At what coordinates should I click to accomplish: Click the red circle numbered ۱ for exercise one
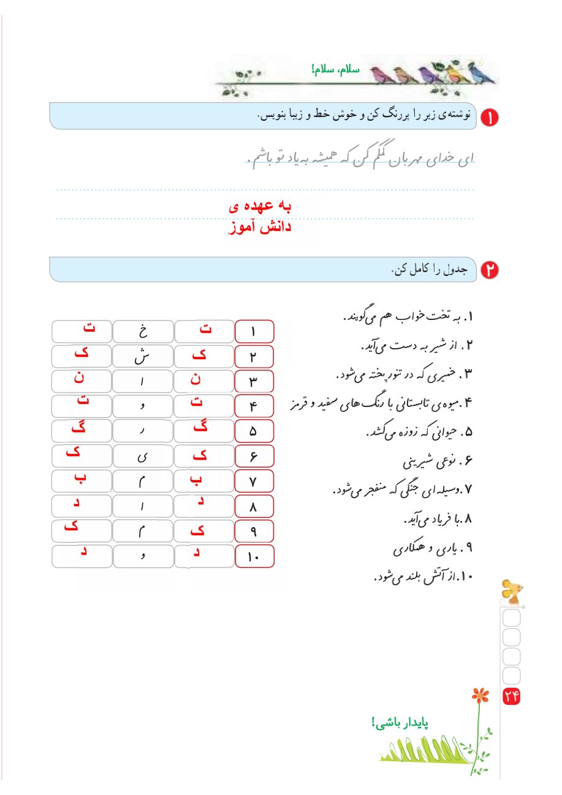click(x=490, y=116)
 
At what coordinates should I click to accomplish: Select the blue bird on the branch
click(x=482, y=74)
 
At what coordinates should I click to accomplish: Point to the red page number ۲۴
click(x=511, y=696)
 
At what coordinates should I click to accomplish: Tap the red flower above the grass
click(x=481, y=695)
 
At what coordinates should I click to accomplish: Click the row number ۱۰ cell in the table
click(x=254, y=557)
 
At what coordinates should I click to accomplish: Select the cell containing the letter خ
click(x=143, y=332)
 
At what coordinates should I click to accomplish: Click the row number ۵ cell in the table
click(x=254, y=431)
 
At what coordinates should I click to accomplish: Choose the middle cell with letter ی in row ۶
click(x=143, y=457)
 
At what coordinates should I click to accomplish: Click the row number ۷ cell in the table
click(x=254, y=482)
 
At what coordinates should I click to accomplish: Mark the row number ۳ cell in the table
click(x=254, y=382)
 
